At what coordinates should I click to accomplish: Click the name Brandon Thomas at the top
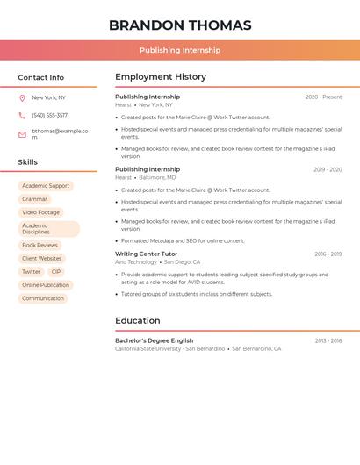click(x=180, y=25)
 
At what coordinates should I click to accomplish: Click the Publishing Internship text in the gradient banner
click(x=180, y=50)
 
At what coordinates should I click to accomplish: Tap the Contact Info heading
click(x=41, y=77)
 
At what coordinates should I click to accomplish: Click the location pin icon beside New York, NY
click(x=22, y=97)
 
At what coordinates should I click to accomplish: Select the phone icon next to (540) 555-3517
click(x=22, y=115)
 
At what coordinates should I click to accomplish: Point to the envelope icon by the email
click(x=22, y=134)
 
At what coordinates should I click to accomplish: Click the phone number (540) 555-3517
click(x=49, y=115)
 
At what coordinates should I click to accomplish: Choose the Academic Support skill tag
click(x=46, y=186)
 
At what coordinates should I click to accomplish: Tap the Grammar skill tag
click(x=34, y=199)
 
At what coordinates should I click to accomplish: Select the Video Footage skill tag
click(x=41, y=212)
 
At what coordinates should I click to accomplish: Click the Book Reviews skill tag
click(x=40, y=246)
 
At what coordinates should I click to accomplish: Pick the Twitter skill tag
click(x=31, y=272)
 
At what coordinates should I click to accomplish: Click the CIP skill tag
click(x=56, y=272)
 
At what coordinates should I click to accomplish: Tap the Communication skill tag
click(x=43, y=298)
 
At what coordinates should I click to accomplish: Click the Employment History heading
click(x=161, y=77)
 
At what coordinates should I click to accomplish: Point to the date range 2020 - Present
click(x=323, y=97)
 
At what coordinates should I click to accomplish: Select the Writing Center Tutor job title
click(x=146, y=254)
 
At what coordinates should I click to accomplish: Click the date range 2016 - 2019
click(x=328, y=254)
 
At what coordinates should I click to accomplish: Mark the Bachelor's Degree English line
click(x=154, y=340)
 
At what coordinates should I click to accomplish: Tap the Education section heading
click(x=138, y=321)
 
